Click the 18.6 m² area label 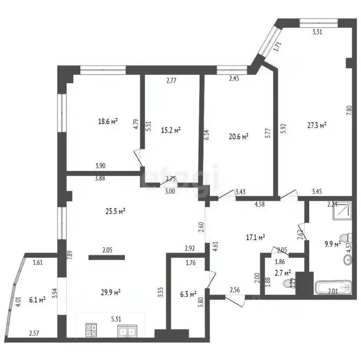click(x=108, y=121)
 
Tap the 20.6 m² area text click(x=238, y=137)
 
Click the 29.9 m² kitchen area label click(x=111, y=292)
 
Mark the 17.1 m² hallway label click(x=256, y=237)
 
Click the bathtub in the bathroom click(x=333, y=288)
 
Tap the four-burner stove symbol click(x=91, y=331)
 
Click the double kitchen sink click(x=126, y=331)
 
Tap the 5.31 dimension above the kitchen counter click(x=117, y=318)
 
